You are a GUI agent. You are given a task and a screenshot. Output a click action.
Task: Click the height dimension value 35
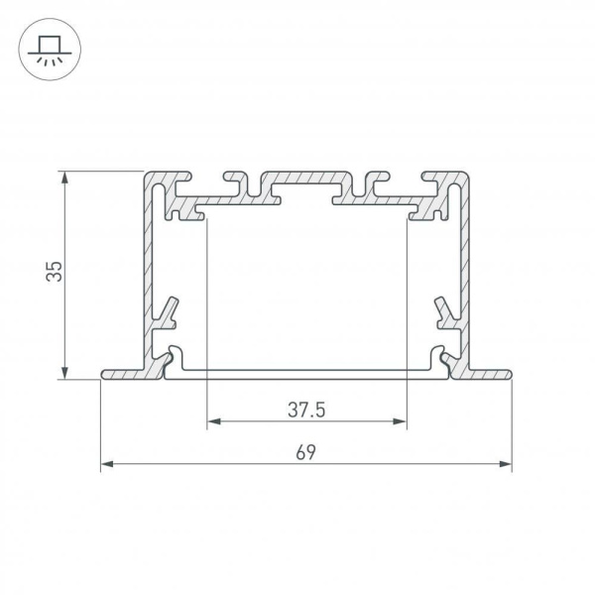57,272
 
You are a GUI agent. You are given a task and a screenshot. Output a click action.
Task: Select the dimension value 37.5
307,409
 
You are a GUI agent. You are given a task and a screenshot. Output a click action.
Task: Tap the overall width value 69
306,452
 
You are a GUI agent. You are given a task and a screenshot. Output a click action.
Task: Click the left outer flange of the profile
124,375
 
